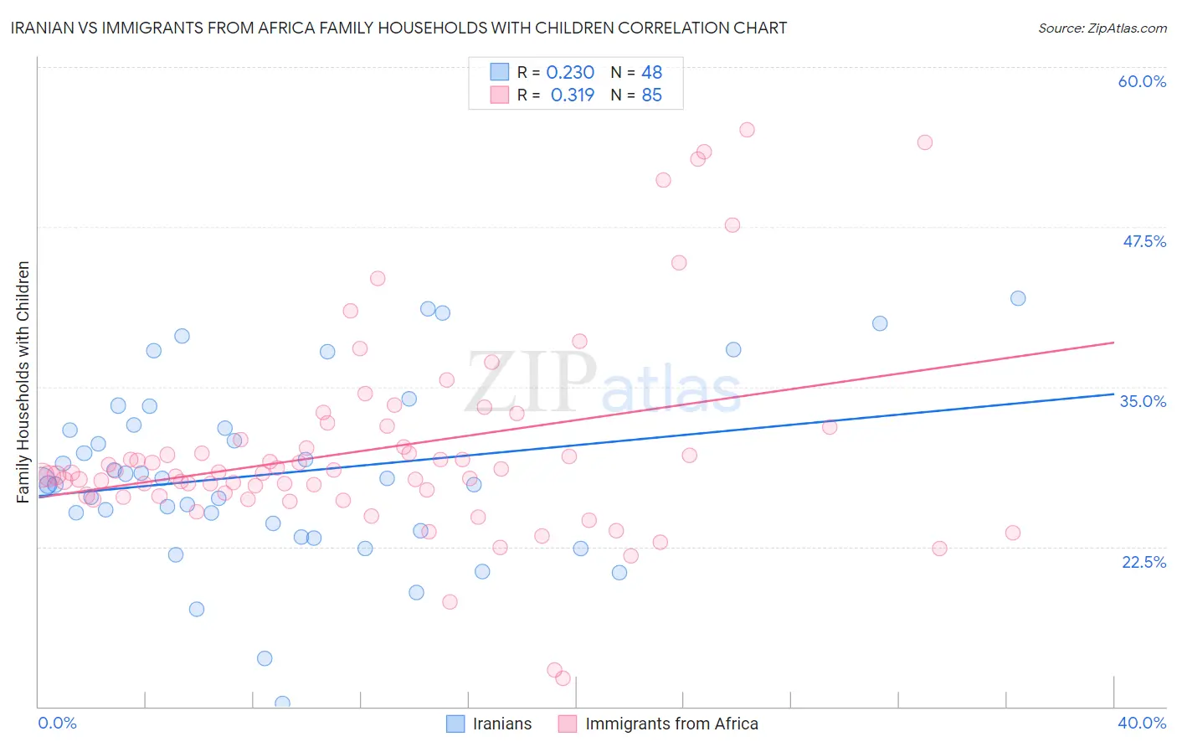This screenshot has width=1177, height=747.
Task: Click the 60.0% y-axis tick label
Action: (1142, 81)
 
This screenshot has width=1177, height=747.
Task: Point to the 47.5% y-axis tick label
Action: (1144, 241)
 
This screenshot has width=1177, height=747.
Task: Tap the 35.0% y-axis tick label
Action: (1143, 401)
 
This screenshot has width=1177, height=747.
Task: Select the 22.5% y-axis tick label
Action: (1144, 562)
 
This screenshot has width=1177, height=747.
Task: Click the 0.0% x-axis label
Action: (57, 723)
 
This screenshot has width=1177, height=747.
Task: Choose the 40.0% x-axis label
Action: (1142, 723)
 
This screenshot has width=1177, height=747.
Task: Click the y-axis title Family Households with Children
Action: (23, 382)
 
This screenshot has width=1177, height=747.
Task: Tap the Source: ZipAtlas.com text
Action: (1102, 28)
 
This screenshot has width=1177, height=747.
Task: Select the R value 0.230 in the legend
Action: (570, 73)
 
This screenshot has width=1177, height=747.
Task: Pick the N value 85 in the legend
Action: (651, 95)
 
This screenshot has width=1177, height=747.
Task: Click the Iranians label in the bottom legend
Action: (502, 724)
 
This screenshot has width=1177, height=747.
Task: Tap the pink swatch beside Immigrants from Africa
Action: (568, 724)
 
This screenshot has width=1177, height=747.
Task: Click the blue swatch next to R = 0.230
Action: (500, 72)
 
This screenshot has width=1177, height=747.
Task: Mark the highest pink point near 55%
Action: (747, 130)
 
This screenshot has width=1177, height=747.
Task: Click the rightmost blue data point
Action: (1018, 298)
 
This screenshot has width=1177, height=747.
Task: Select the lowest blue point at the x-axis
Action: (282, 703)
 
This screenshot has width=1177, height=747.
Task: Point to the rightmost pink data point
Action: (1013, 533)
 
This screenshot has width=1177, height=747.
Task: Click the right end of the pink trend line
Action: (1113, 343)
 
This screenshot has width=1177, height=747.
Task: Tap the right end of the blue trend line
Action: (1113, 393)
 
